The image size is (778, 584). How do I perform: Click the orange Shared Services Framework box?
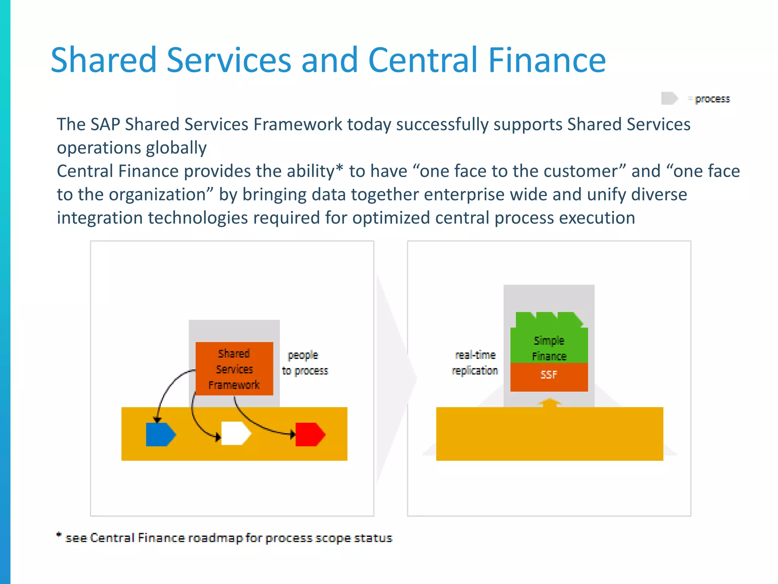(234, 368)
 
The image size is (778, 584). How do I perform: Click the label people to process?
(304, 363)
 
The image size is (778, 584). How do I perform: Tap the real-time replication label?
(475, 363)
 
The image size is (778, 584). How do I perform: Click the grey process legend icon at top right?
(669, 98)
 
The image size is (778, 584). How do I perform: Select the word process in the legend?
(712, 99)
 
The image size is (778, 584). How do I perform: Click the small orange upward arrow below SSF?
(549, 402)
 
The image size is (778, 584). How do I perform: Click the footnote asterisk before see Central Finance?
(59, 535)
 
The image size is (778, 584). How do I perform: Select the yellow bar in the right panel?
(549, 434)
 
